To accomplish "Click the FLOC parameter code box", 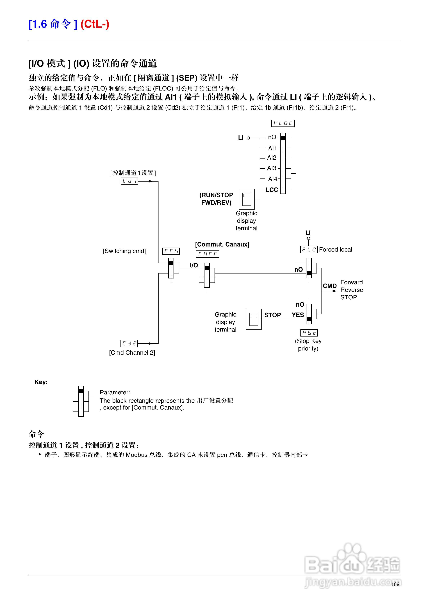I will click(283, 123).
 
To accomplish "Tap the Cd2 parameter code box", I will click(129, 343).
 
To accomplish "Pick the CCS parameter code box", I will click(171, 251).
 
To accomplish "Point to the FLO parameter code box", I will click(309, 249).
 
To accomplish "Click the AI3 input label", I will click(272, 168).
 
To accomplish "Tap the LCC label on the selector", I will click(272, 190).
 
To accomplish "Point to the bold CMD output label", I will click(330, 286).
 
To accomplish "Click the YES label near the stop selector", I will click(298, 315).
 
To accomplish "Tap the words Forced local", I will click(335, 249).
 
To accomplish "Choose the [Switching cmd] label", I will click(124, 251).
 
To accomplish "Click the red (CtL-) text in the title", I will click(95, 24).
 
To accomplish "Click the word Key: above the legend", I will click(41, 382).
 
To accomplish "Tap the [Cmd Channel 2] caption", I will click(132, 353).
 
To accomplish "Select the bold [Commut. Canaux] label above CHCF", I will click(222, 244).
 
